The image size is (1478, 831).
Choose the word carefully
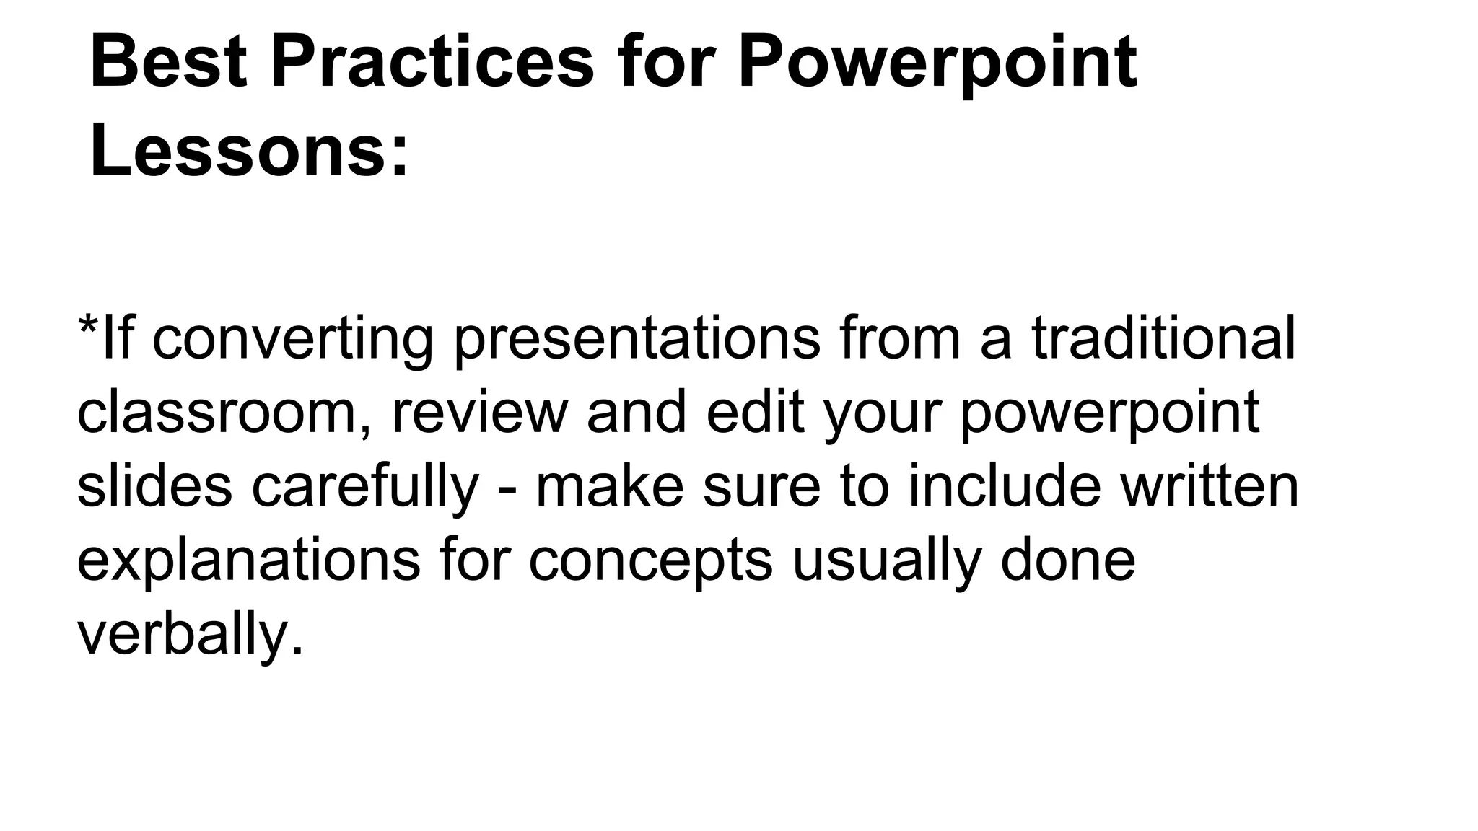(x=365, y=488)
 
